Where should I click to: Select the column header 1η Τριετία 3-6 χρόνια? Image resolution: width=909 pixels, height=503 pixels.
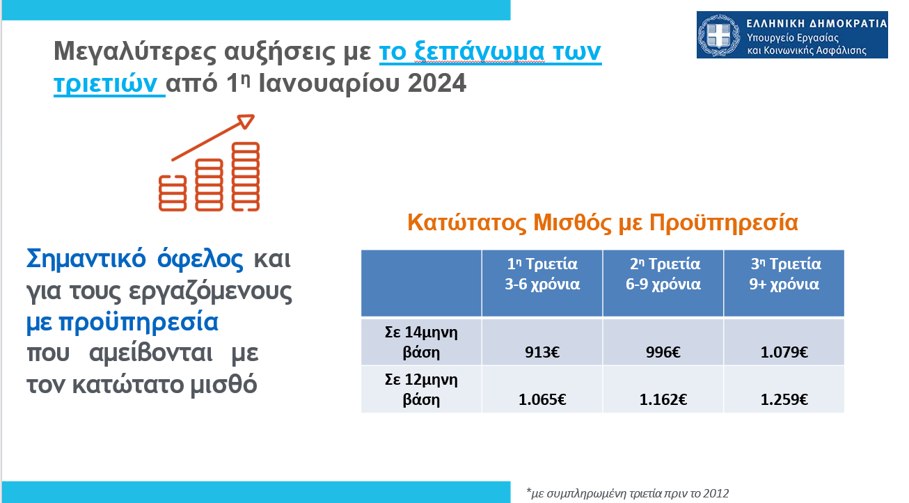(x=542, y=274)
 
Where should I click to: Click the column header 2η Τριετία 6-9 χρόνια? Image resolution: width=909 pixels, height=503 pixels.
(x=663, y=274)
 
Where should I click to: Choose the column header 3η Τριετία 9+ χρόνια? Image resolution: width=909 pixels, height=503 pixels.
(x=784, y=274)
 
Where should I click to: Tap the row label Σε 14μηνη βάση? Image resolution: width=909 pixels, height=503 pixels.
(x=421, y=342)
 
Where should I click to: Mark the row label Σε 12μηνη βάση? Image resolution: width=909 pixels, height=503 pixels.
(x=421, y=390)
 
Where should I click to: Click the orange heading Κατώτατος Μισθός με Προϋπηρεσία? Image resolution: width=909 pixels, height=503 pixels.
(x=603, y=223)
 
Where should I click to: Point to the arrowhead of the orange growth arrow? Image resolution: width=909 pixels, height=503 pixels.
(x=246, y=121)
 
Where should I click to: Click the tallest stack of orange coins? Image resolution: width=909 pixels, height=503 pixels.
(x=246, y=177)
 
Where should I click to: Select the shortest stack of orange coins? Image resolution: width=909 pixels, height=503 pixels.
(x=173, y=193)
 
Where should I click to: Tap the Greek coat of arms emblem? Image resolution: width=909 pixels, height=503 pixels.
(x=719, y=35)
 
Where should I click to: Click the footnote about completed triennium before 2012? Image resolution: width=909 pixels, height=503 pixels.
(x=627, y=493)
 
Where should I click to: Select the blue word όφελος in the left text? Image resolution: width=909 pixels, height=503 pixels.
(x=200, y=258)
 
